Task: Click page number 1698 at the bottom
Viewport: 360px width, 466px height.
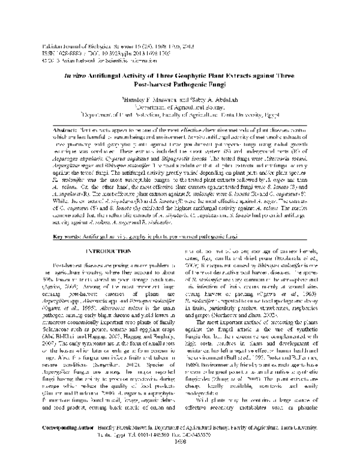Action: point(179,455)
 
